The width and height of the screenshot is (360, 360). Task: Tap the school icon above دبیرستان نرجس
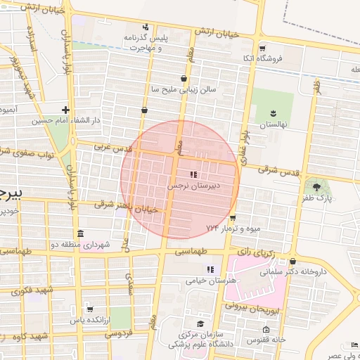coord(193,174)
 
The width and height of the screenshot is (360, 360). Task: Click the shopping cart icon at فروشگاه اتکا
coord(262,49)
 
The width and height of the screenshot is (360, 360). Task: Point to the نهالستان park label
coord(274,124)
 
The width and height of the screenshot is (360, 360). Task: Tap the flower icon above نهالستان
coord(274,112)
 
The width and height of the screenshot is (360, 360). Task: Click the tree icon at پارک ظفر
coord(316,186)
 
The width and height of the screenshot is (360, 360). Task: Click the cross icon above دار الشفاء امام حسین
coord(65,110)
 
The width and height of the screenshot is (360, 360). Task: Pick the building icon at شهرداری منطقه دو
coord(79,233)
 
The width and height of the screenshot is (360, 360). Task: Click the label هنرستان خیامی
coord(210,280)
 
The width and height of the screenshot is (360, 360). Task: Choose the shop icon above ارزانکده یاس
coord(89,309)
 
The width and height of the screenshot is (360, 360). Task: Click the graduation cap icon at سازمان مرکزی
coord(200,324)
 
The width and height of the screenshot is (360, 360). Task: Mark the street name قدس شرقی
coord(279,171)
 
